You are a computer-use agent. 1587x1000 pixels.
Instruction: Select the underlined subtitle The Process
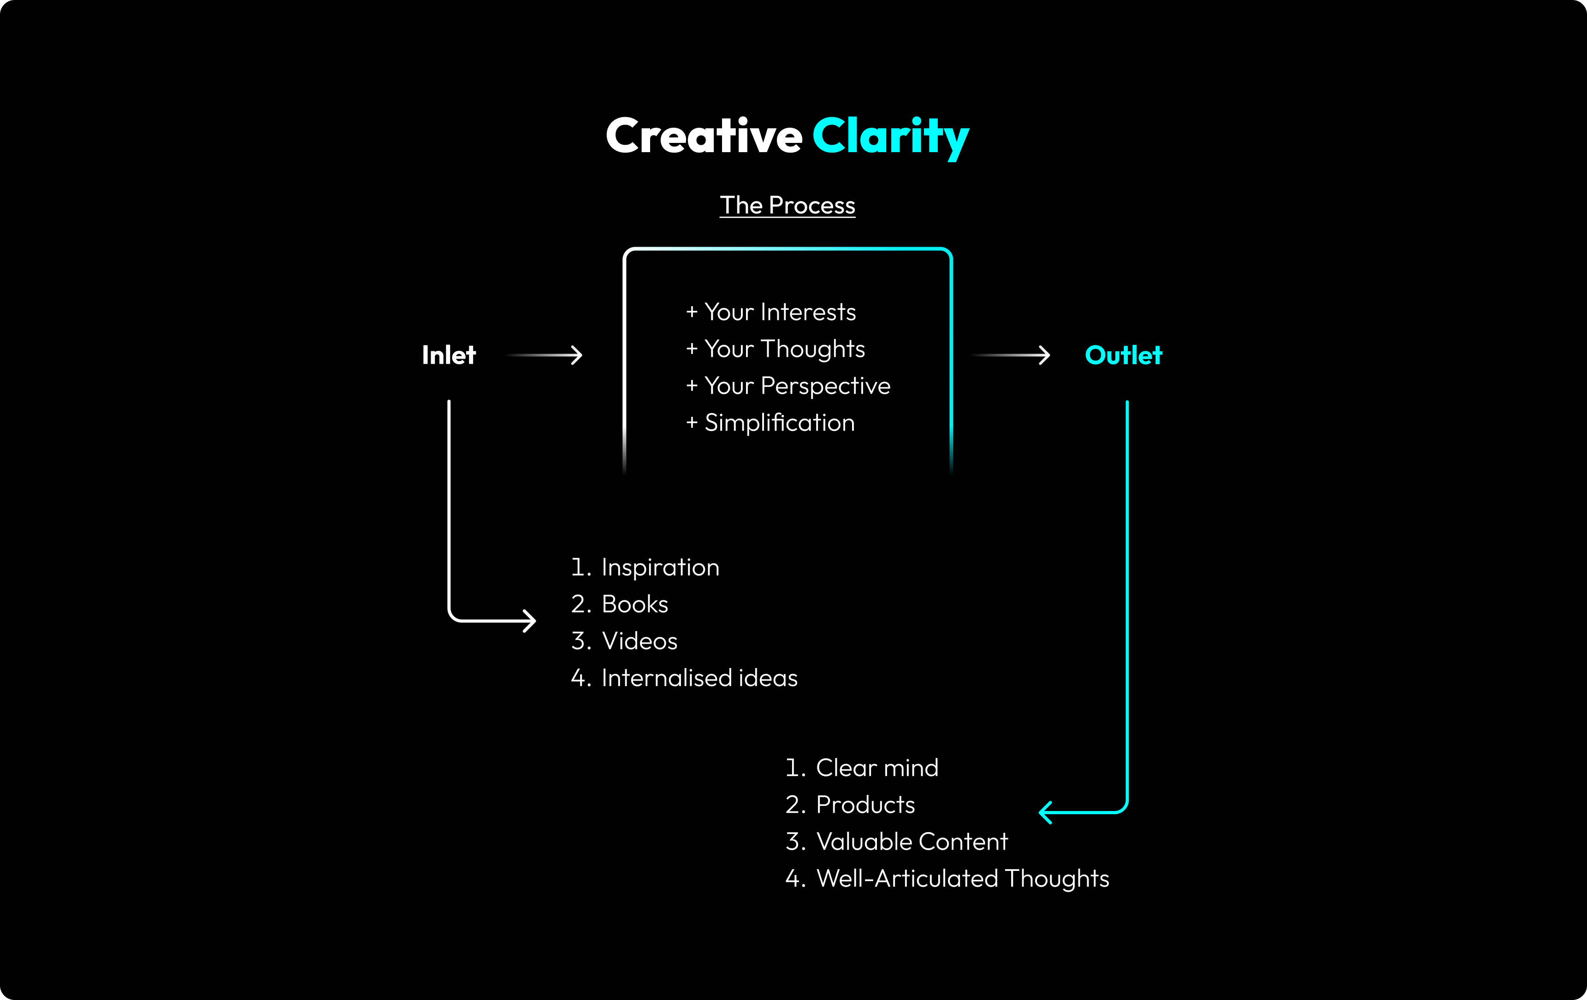[x=787, y=206]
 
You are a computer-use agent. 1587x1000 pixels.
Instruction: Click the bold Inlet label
[x=449, y=355]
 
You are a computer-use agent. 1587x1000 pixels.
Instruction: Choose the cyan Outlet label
[x=1123, y=355]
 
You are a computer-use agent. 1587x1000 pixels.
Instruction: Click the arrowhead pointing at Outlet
[x=1044, y=355]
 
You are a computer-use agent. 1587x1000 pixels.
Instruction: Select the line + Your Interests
[x=771, y=312]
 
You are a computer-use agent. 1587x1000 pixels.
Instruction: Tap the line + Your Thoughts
[x=776, y=349]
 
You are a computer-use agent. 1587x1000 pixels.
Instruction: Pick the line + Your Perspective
[x=788, y=385]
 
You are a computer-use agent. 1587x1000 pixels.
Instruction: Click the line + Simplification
[x=770, y=422]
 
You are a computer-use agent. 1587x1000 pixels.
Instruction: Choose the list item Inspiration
[x=660, y=568]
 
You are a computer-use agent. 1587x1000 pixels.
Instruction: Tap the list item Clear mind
[x=876, y=768]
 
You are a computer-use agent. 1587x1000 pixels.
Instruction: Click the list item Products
[x=865, y=805]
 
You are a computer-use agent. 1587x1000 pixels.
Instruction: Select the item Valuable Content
[x=912, y=842]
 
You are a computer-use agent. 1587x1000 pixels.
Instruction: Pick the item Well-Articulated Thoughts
[x=962, y=879]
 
